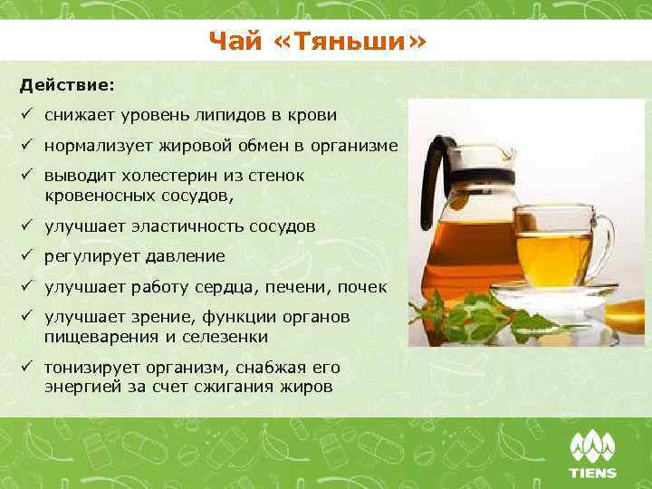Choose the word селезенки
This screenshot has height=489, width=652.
click(x=224, y=336)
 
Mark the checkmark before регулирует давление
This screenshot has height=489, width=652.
click(x=28, y=256)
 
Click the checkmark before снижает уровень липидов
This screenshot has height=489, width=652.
click(x=28, y=115)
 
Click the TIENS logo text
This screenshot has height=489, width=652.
click(x=592, y=473)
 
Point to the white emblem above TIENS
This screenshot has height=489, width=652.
click(x=592, y=446)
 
